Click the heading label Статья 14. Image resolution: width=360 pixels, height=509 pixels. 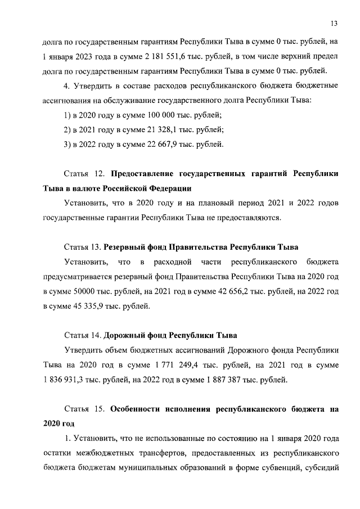point(83,335)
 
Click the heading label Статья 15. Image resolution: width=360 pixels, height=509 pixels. point(84,408)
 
